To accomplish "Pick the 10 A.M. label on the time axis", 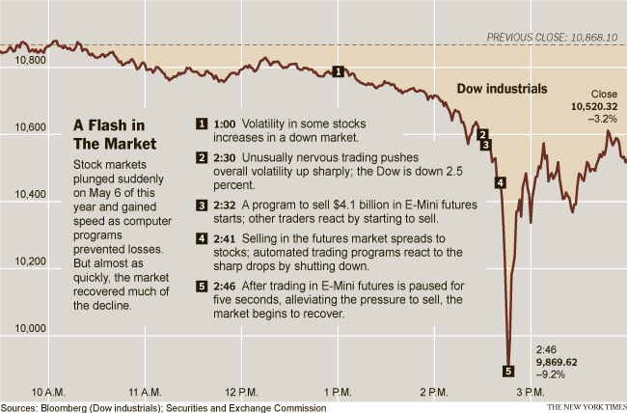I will tap(50, 392).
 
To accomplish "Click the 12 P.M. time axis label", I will tap(243, 392).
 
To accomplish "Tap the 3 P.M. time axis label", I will tap(531, 392).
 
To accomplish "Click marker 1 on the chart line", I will tap(338, 70).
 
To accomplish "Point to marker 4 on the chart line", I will tap(500, 182).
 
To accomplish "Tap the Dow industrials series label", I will tap(502, 89).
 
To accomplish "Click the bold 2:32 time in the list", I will tap(225, 205).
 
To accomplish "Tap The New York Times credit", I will tap(585, 407).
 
